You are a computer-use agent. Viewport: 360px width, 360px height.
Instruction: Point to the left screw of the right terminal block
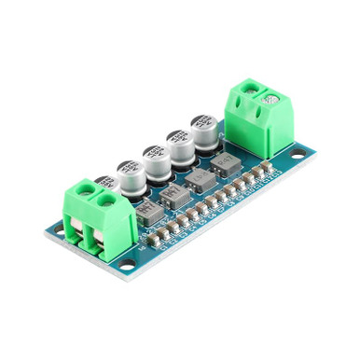[250, 89]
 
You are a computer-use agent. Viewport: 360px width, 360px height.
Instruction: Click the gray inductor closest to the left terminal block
[148, 212]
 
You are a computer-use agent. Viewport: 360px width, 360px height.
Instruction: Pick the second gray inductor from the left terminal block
[174, 196]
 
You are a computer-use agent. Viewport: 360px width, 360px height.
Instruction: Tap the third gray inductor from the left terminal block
[199, 184]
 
